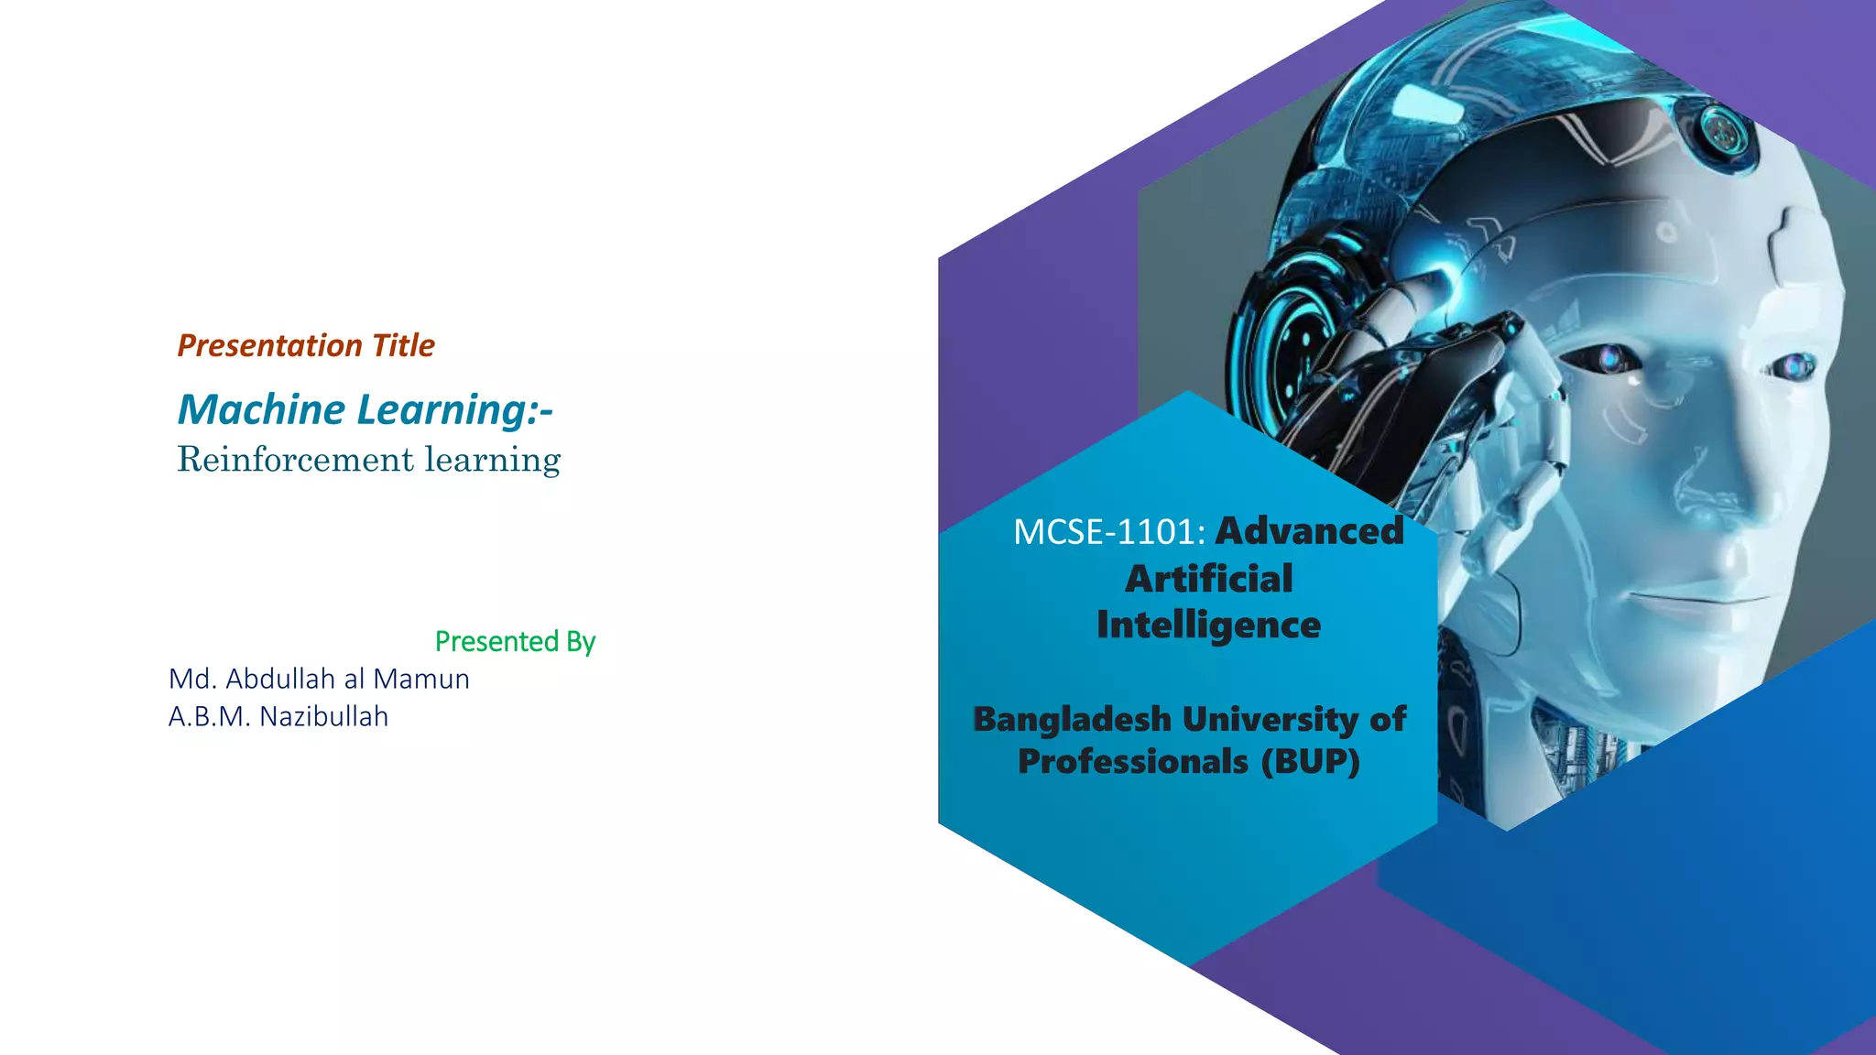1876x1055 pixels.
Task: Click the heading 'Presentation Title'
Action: coord(306,345)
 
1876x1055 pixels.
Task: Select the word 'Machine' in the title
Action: coord(261,409)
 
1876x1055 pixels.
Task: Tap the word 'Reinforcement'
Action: coord(296,459)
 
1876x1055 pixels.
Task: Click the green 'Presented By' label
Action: coord(515,641)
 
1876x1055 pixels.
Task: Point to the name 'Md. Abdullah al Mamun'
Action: coord(319,679)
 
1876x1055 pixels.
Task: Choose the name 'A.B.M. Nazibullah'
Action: coord(278,716)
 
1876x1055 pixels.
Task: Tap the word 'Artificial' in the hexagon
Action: coord(1209,579)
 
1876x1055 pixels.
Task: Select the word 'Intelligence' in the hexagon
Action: coord(1209,625)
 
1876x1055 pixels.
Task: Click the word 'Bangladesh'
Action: coord(1072,719)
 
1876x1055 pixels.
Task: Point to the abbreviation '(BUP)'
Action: coord(1311,761)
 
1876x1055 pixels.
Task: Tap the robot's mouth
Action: coord(1695,600)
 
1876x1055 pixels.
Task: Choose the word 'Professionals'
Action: coord(1133,761)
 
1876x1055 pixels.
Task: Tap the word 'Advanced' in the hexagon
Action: coord(1310,531)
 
